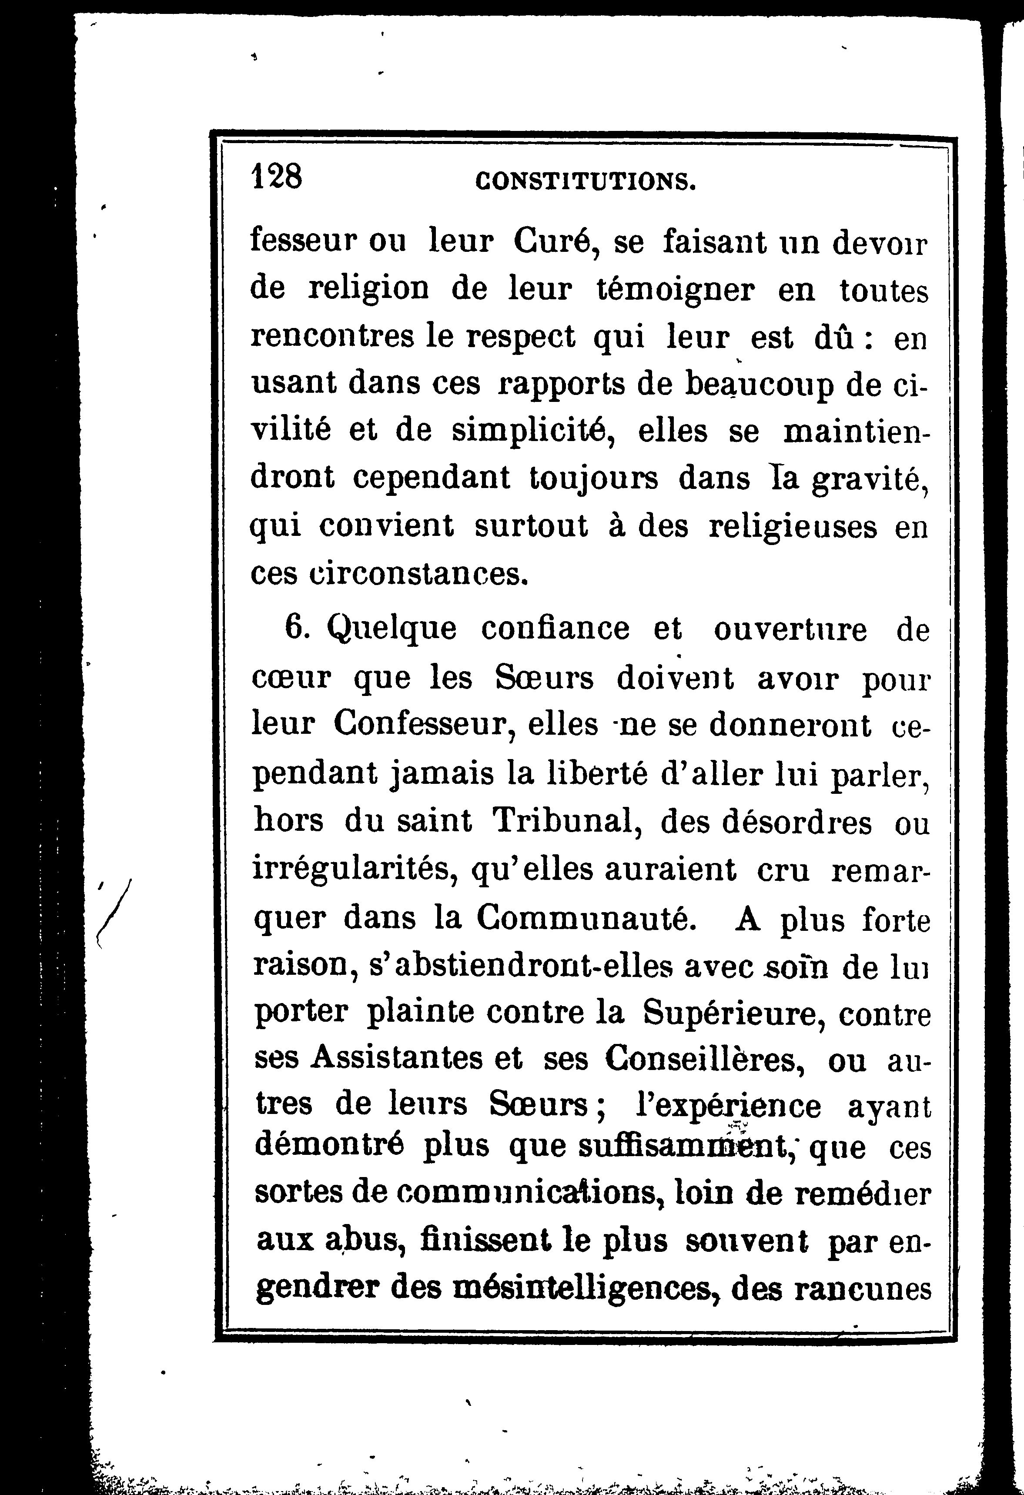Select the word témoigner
point(676,290)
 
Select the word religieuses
point(792,527)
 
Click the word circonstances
point(389,573)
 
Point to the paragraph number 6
point(297,629)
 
